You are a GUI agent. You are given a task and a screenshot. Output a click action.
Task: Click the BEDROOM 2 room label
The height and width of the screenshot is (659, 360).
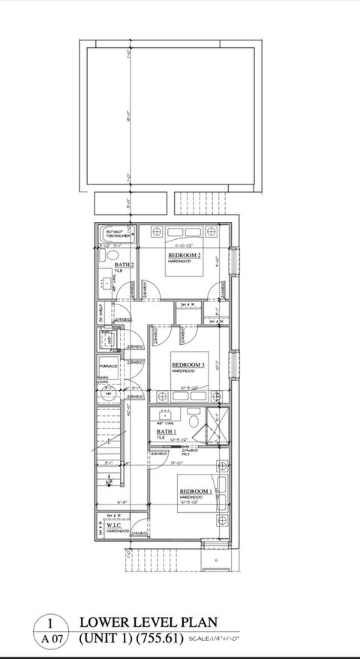coord(184,255)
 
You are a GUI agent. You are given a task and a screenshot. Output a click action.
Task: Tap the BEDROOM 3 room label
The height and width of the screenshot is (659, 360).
coord(187,365)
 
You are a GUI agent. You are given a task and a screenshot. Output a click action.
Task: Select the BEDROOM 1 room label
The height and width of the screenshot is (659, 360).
coord(195,492)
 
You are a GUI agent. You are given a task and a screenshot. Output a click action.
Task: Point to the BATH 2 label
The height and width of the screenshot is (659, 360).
coord(124,265)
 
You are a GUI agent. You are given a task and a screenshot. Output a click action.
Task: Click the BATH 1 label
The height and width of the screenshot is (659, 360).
coord(166,433)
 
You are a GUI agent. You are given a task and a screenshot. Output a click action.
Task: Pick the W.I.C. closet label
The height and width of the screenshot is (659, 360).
coord(114,526)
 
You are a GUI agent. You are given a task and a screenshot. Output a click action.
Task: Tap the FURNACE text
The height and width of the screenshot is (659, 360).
coord(109,367)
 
